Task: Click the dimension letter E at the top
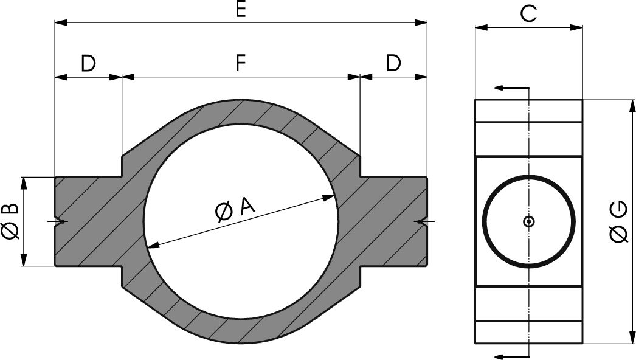[x=241, y=10]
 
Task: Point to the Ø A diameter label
[x=235, y=209]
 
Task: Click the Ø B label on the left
[x=10, y=221]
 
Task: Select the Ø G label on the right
[x=619, y=222]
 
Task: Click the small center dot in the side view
[x=529, y=222]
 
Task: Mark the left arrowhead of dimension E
[x=60, y=22]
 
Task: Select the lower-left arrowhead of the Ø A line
[x=152, y=246]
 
